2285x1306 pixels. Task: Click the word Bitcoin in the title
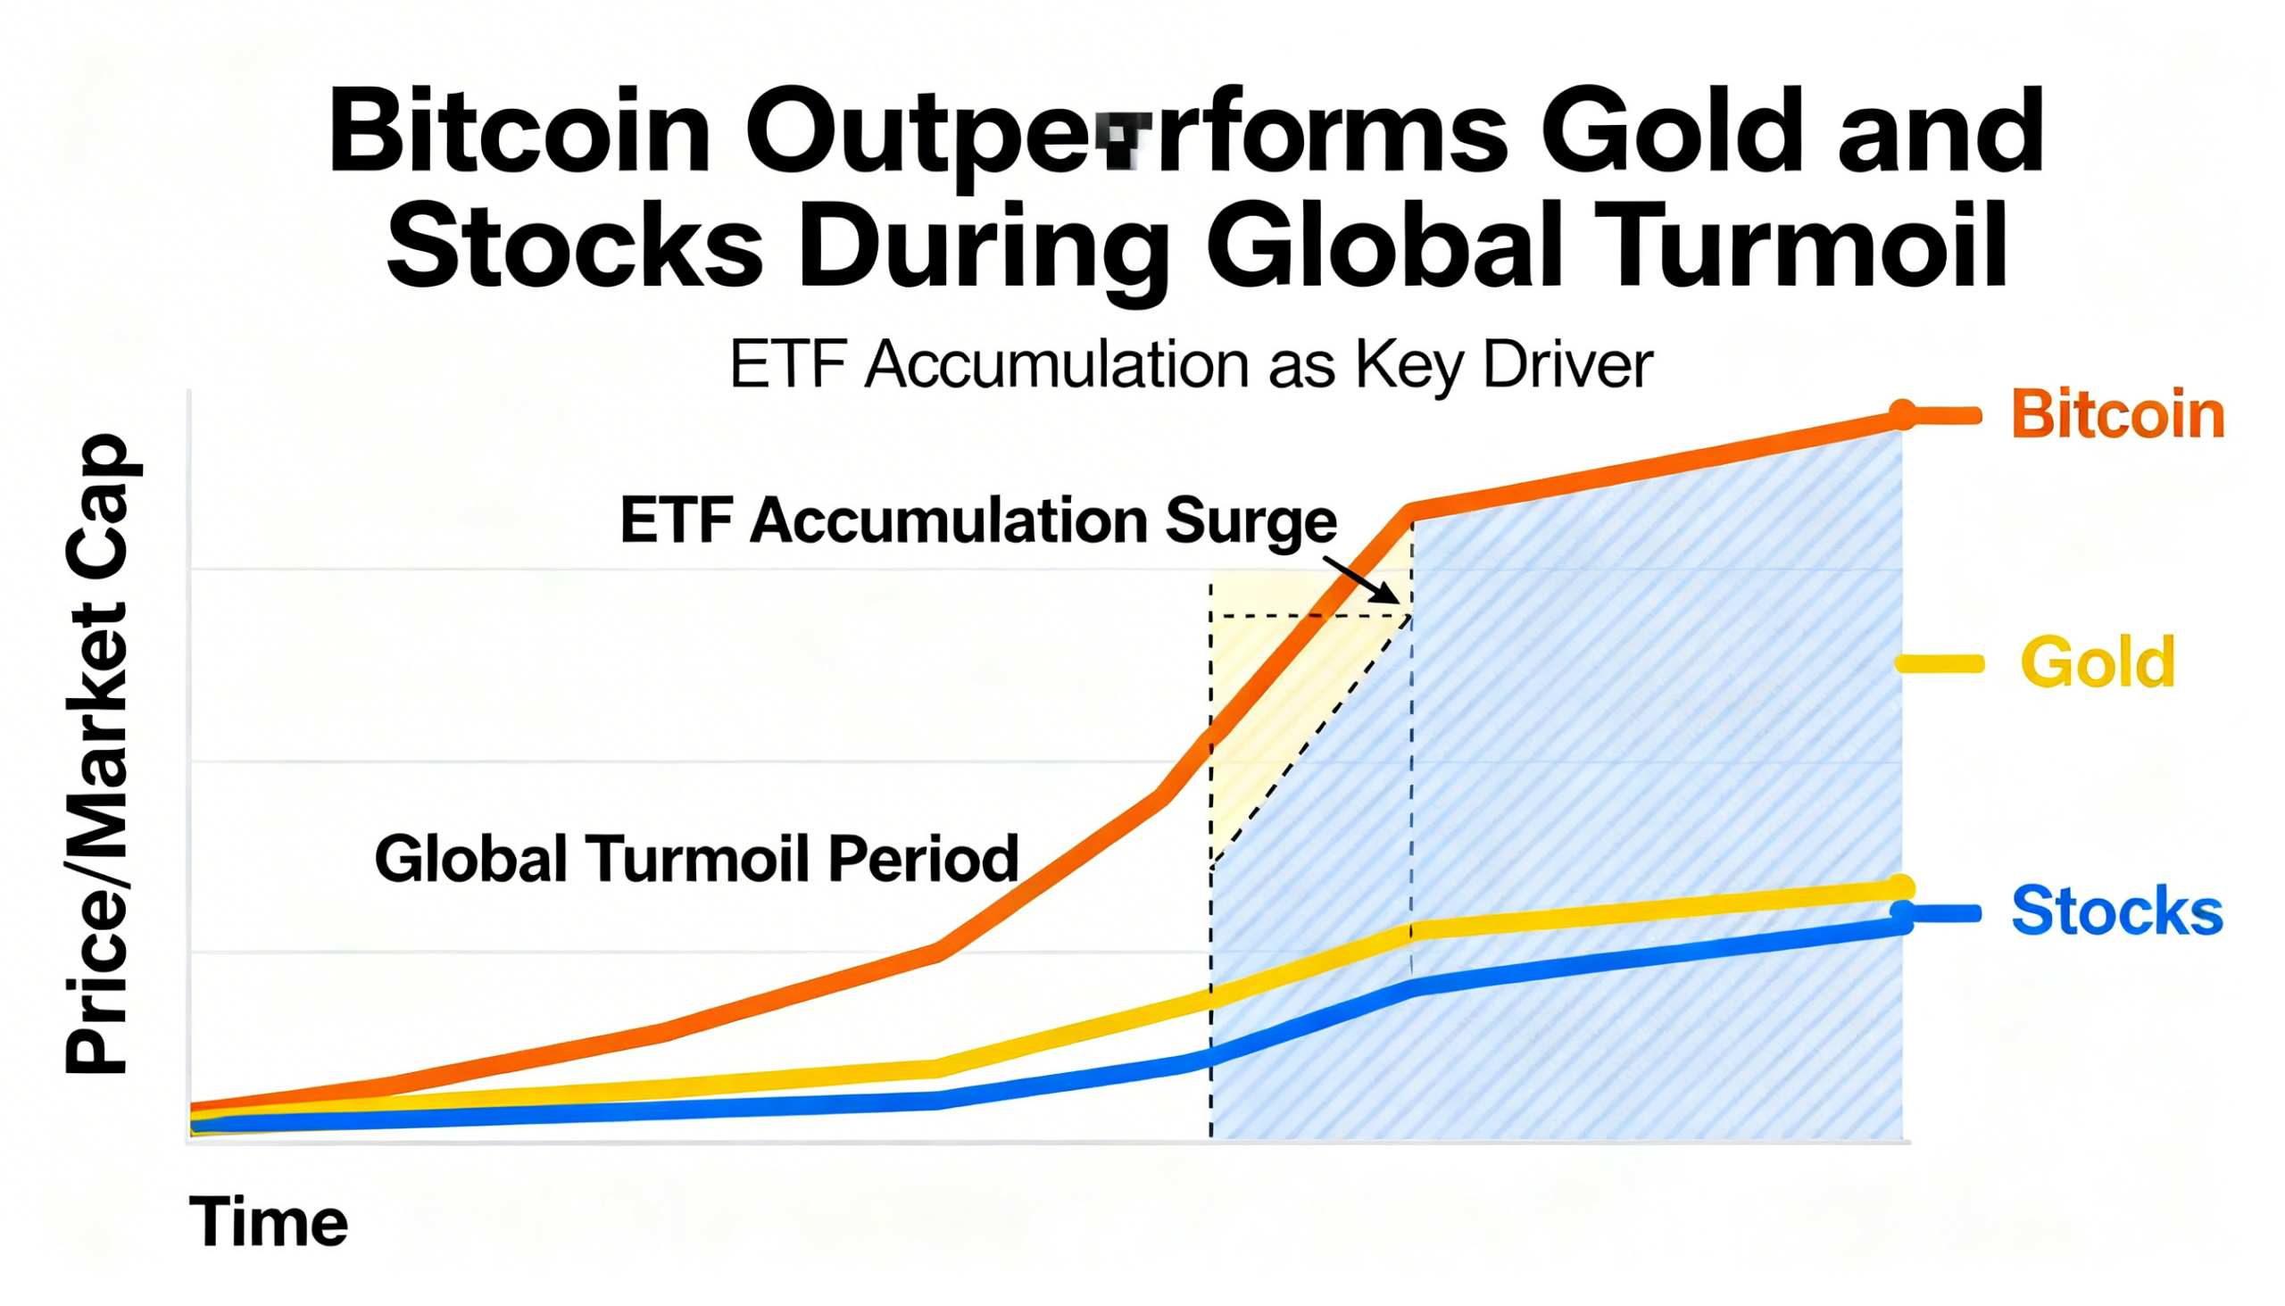click(519, 133)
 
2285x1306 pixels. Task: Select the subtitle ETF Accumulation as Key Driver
click(1191, 365)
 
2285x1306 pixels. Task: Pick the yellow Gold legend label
click(2098, 663)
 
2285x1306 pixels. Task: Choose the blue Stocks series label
click(2117, 911)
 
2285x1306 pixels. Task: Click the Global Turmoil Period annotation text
click(697, 859)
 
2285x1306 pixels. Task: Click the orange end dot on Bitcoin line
click(1900, 414)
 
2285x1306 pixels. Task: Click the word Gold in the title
click(1673, 133)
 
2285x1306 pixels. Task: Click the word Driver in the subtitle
click(1567, 365)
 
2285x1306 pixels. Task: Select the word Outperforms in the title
click(1126, 133)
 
